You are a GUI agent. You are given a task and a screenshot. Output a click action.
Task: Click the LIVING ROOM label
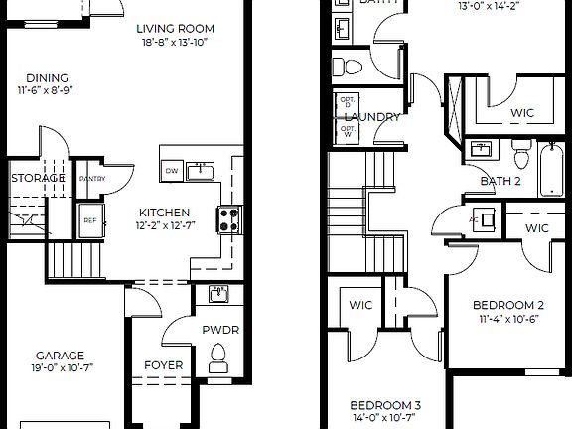(175, 29)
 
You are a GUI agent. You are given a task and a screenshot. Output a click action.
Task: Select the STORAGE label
(38, 178)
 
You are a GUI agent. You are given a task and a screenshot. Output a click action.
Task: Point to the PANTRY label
(91, 179)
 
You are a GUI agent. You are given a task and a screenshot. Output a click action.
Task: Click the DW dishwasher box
(172, 171)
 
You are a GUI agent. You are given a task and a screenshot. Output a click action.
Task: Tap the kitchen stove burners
(228, 218)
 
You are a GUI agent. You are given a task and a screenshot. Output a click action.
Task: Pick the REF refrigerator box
(89, 220)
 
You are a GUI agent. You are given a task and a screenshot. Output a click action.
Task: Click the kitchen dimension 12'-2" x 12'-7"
(164, 227)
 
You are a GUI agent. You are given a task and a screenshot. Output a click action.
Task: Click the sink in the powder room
(217, 294)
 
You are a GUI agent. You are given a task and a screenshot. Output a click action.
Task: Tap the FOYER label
(163, 365)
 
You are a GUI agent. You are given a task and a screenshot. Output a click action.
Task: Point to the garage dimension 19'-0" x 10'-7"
(60, 369)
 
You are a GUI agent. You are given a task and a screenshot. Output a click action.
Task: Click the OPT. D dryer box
(348, 102)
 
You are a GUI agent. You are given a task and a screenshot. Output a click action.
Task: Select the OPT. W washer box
(348, 131)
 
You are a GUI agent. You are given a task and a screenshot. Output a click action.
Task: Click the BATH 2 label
(500, 181)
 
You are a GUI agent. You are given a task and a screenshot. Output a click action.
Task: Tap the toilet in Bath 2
(520, 155)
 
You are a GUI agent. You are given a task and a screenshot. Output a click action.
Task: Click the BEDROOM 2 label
(507, 305)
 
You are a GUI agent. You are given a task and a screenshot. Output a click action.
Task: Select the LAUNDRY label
(372, 117)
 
